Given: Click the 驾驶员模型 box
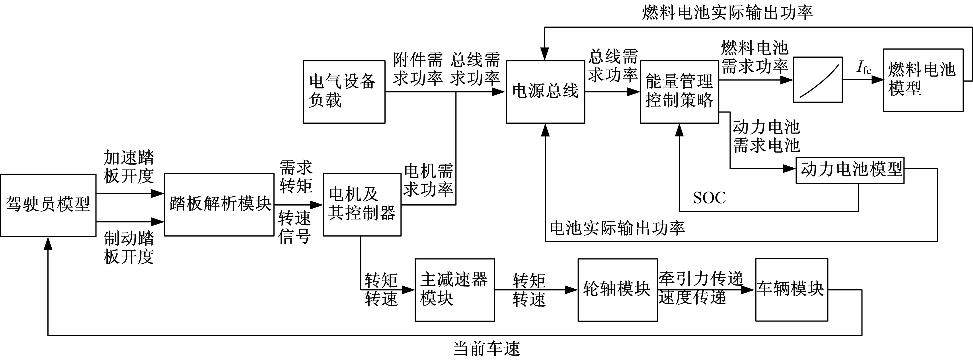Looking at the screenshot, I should pyautogui.click(x=48, y=205).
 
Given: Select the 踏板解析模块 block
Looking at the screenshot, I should pyautogui.click(x=219, y=205).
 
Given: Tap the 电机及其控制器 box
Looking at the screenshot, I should pyautogui.click(x=362, y=205).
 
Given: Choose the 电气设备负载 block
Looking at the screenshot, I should pyautogui.click(x=344, y=92).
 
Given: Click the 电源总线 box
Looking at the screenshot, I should pyautogui.click(x=545, y=92).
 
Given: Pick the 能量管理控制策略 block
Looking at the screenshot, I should pyautogui.click(x=679, y=92).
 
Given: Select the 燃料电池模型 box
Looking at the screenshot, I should pyautogui.click(x=923, y=80).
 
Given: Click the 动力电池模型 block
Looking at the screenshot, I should pyautogui.click(x=850, y=170).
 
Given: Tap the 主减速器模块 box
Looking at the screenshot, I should pyautogui.click(x=454, y=290).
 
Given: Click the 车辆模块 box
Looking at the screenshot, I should pyautogui.click(x=791, y=290).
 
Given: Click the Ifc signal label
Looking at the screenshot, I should pyautogui.click(x=864, y=68).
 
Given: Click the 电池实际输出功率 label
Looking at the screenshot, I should pyautogui.click(x=617, y=228).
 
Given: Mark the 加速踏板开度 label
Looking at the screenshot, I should pyautogui.click(x=129, y=167).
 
